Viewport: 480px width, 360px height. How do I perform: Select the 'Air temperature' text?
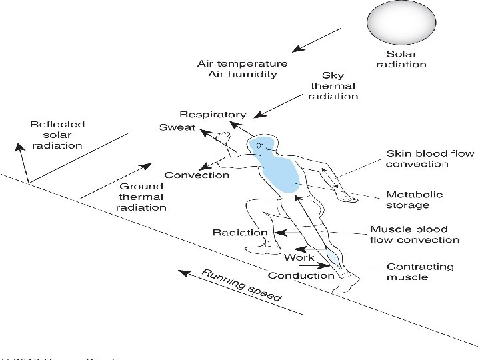pyautogui.click(x=242, y=64)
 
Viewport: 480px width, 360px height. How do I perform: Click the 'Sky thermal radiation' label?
pyautogui.click(x=333, y=86)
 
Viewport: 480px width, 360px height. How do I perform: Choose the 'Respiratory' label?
pyautogui.click(x=212, y=115)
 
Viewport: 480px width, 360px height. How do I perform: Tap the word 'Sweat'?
pyautogui.click(x=177, y=127)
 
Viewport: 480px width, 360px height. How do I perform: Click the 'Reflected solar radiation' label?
pyautogui.click(x=57, y=135)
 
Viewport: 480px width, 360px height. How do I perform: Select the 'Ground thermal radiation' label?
pyautogui.click(x=141, y=197)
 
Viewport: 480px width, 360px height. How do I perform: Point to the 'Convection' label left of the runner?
pyautogui.click(x=197, y=175)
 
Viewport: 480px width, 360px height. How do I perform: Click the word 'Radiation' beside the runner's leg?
pyautogui.click(x=239, y=233)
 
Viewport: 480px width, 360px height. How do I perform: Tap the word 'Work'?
pyautogui.click(x=299, y=257)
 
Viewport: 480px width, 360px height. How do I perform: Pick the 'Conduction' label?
pyautogui.click(x=301, y=275)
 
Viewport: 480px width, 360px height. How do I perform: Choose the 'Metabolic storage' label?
pyautogui.click(x=414, y=200)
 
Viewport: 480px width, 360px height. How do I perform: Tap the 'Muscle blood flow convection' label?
pyautogui.click(x=414, y=235)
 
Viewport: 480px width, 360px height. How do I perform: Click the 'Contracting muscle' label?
pyautogui.click(x=420, y=272)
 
